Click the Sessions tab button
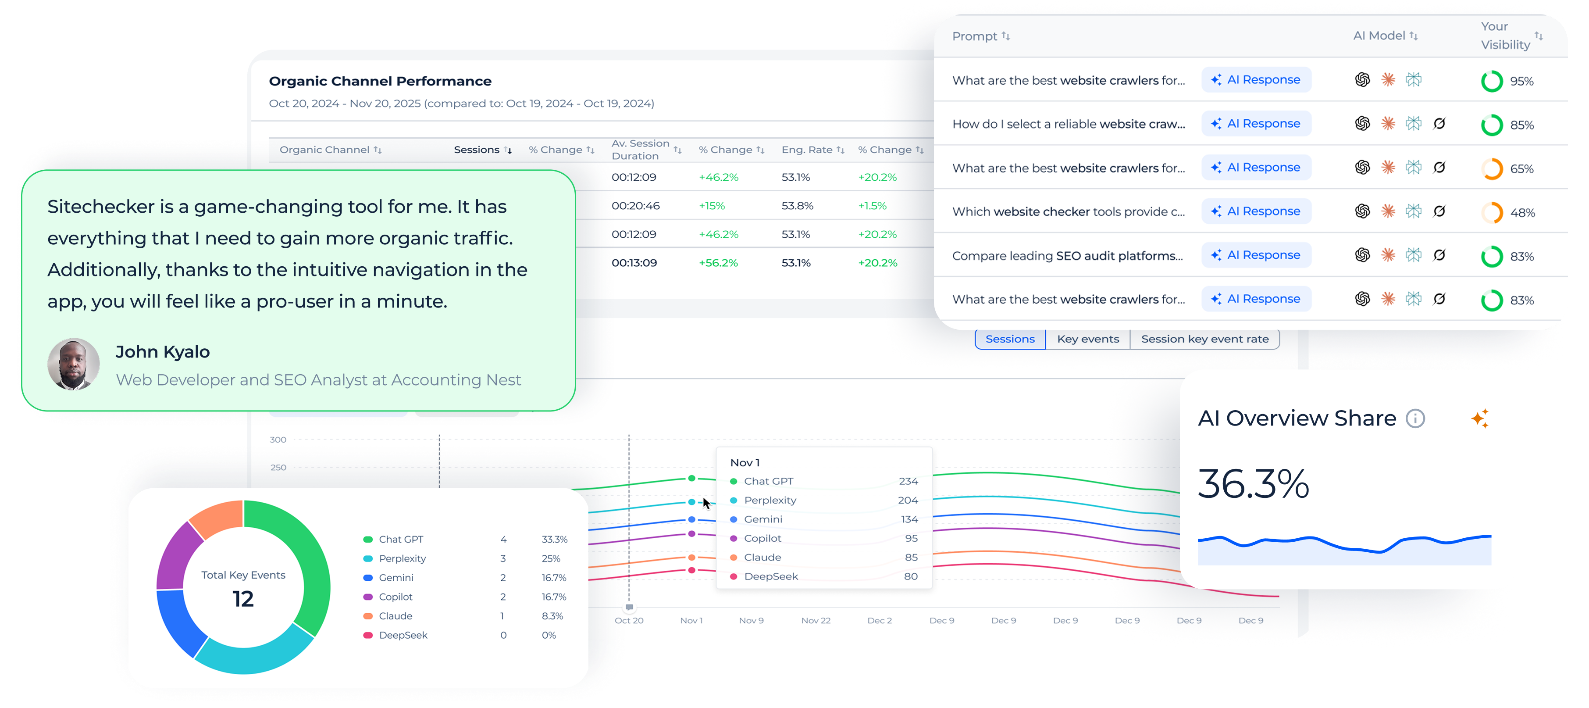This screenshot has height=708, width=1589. pyautogui.click(x=1010, y=339)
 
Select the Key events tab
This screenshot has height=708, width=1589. pyautogui.click(x=1087, y=339)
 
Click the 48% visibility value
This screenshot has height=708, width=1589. pyautogui.click(x=1522, y=213)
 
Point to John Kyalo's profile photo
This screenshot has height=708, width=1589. pyautogui.click(x=73, y=364)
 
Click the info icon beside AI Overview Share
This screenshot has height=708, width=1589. pyautogui.click(x=1415, y=418)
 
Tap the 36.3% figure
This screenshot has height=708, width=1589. pyautogui.click(x=1253, y=483)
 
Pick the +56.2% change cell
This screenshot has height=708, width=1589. pyautogui.click(x=718, y=263)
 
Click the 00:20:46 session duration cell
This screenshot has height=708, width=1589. pyautogui.click(x=635, y=206)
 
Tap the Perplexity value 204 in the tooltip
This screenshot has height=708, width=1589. pyautogui.click(x=907, y=500)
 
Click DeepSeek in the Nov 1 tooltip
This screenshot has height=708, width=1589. pyautogui.click(x=770, y=576)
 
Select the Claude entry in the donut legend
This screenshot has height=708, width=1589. pyautogui.click(x=395, y=616)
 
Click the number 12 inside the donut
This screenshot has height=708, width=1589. pyautogui.click(x=243, y=599)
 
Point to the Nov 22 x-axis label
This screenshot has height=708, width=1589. pyautogui.click(x=816, y=620)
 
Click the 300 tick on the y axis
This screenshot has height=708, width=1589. pyautogui.click(x=278, y=440)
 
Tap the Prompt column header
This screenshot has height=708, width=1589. pyautogui.click(x=975, y=36)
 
